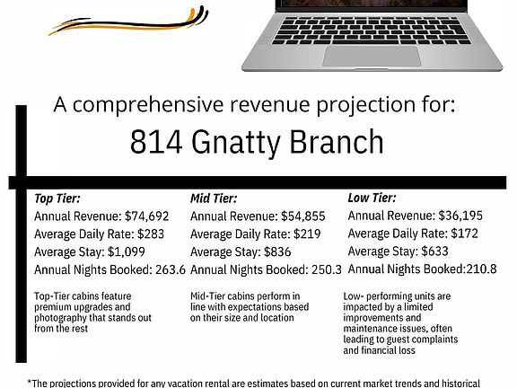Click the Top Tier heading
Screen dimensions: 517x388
pyautogui.click(x=57, y=198)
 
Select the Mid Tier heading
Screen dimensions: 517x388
pyautogui.click(x=214, y=198)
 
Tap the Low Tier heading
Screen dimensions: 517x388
pyautogui.click(x=372, y=198)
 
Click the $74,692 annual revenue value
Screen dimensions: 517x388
pyautogui.click(x=147, y=216)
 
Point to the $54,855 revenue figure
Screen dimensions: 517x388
pyautogui.click(x=303, y=216)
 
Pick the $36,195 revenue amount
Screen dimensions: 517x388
pyautogui.click(x=460, y=216)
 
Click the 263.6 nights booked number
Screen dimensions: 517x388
pyautogui.click(x=171, y=269)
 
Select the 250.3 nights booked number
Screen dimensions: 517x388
pyautogui.click(x=327, y=269)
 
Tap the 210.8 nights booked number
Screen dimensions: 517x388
pyautogui.click(x=481, y=269)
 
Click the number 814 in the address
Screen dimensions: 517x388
pyautogui.click(x=156, y=142)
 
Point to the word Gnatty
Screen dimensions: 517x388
pyautogui.click(x=236, y=144)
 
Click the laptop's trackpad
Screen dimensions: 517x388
pyautogui.click(x=372, y=56)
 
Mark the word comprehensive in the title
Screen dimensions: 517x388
pyautogui.click(x=148, y=106)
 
